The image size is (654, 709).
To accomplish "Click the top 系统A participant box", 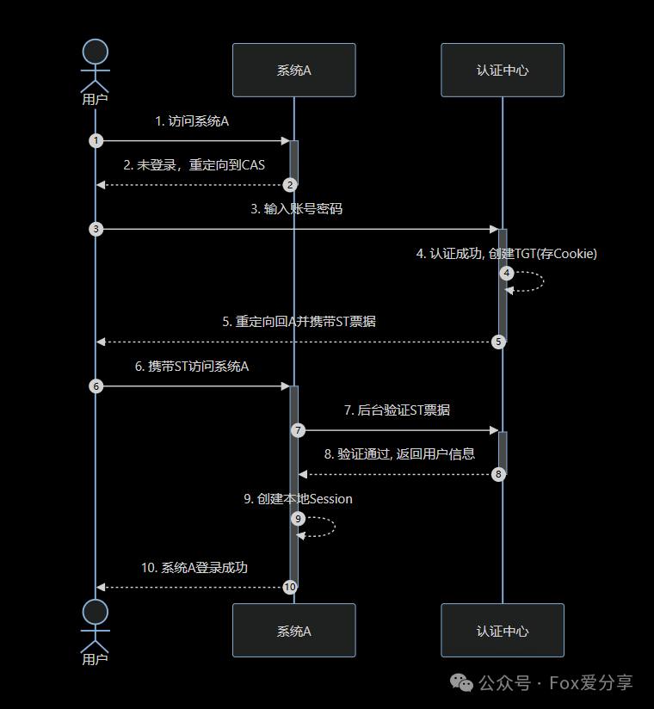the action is point(294,70).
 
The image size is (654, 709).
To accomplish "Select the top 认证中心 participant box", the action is point(503,70).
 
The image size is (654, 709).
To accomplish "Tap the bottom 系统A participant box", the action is point(294,631).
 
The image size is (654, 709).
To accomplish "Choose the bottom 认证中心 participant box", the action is point(503,631).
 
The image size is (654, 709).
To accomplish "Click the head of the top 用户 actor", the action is point(96,52).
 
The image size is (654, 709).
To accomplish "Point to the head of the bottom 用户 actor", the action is point(96,613).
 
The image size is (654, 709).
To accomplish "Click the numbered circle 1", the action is point(96,140).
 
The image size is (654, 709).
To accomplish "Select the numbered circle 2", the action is point(290,185).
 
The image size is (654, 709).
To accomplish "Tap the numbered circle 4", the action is point(507,273).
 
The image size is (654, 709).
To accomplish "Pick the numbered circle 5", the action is point(498,342).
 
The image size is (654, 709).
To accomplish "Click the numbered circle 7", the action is point(298,430).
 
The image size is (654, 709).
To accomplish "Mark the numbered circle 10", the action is point(290,587).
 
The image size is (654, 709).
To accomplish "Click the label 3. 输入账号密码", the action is point(297,209).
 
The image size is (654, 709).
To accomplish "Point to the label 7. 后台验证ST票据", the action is point(397,410).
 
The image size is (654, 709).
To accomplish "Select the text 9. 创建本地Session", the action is point(298,499).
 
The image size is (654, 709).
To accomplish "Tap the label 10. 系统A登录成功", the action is point(194,568).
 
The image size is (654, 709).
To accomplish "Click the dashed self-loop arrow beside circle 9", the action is point(335,527).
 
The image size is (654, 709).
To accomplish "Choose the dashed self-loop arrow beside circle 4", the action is point(543,281).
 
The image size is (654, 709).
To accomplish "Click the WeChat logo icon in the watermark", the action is point(461,683).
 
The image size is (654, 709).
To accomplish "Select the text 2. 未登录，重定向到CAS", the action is point(194,165).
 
